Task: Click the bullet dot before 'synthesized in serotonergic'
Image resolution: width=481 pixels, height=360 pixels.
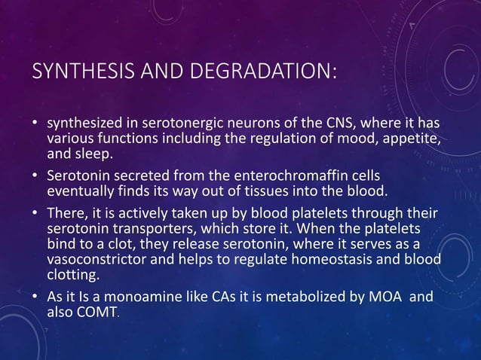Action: [x=35, y=123]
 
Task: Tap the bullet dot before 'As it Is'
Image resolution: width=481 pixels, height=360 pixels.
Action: [x=35, y=297]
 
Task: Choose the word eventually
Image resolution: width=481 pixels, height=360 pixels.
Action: [x=81, y=189]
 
